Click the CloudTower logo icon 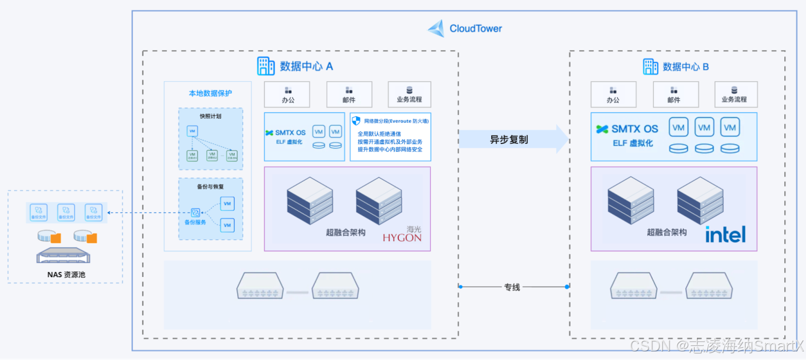tap(436, 28)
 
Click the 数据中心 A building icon tap(265, 66)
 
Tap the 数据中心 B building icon tap(650, 66)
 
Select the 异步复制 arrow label tap(509, 139)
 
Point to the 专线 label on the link tap(512, 287)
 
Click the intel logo tap(725, 234)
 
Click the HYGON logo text tap(401, 238)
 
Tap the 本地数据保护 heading tap(210, 93)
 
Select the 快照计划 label tap(210, 116)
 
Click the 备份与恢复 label tap(210, 187)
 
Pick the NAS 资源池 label tap(66, 274)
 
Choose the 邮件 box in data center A tap(349, 95)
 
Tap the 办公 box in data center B tap(613, 95)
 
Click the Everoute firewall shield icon tap(356, 121)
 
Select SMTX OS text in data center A tap(290, 132)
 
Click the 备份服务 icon tap(195, 212)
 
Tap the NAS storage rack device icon tap(63, 256)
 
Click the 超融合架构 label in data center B tap(666, 232)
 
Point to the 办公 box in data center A tap(288, 95)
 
